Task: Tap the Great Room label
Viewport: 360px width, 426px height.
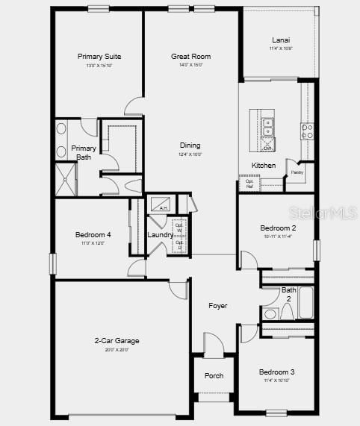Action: [x=190, y=57]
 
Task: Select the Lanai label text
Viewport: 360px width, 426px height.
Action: [x=281, y=40]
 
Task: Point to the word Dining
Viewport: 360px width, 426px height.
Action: [x=190, y=145]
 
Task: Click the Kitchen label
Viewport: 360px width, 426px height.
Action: [x=263, y=166]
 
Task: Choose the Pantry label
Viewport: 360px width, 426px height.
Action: [x=297, y=172]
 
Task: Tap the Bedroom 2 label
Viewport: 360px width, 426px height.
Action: [x=278, y=228]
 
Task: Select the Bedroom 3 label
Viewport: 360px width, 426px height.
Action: [x=276, y=372]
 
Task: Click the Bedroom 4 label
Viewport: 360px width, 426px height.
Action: [x=93, y=235]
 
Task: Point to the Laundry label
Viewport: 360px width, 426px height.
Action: [x=160, y=235]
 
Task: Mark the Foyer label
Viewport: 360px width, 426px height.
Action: [x=217, y=306]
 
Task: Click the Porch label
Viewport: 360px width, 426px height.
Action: [x=214, y=375]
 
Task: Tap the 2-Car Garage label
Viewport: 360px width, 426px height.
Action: [x=117, y=341]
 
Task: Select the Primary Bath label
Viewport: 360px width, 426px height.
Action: [x=84, y=152]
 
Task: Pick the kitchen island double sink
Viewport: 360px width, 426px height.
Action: [x=267, y=127]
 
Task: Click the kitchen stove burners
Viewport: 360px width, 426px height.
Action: [x=306, y=132]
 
